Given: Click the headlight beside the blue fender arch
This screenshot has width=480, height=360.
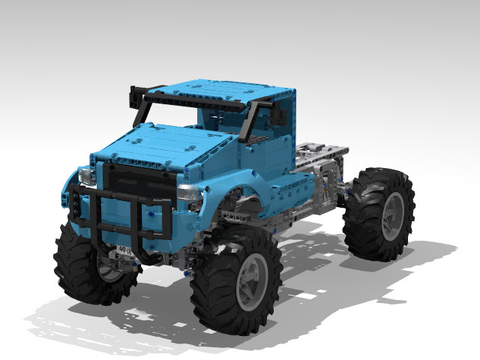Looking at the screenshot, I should point(188,193).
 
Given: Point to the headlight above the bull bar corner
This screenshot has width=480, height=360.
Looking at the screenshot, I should point(86,177).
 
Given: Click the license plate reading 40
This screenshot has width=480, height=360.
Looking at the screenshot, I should point(124,250).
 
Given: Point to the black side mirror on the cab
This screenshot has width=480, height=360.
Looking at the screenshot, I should point(280,115).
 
